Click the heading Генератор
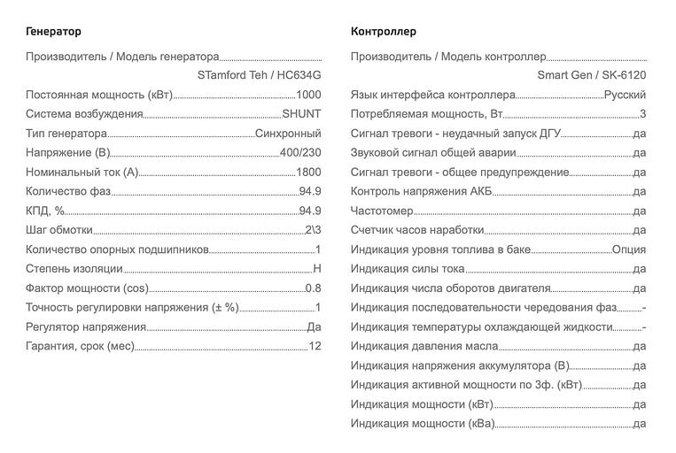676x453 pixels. click(53, 31)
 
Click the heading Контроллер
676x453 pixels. click(384, 31)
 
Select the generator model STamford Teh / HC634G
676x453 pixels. click(259, 75)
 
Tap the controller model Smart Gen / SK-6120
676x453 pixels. click(591, 75)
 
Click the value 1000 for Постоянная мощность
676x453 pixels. click(308, 95)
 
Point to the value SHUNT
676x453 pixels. click(301, 114)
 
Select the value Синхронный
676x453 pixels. click(288, 134)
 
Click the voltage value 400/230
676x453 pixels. click(300, 153)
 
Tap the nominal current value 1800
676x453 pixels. click(308, 173)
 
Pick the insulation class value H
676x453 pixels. click(317, 269)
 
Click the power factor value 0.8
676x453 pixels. click(313, 288)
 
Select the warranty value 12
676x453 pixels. click(315, 346)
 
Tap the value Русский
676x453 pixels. click(625, 95)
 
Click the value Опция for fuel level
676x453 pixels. click(629, 250)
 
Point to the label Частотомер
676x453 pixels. click(382, 211)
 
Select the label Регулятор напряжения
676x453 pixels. click(86, 326)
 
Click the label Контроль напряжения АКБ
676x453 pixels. click(421, 191)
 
